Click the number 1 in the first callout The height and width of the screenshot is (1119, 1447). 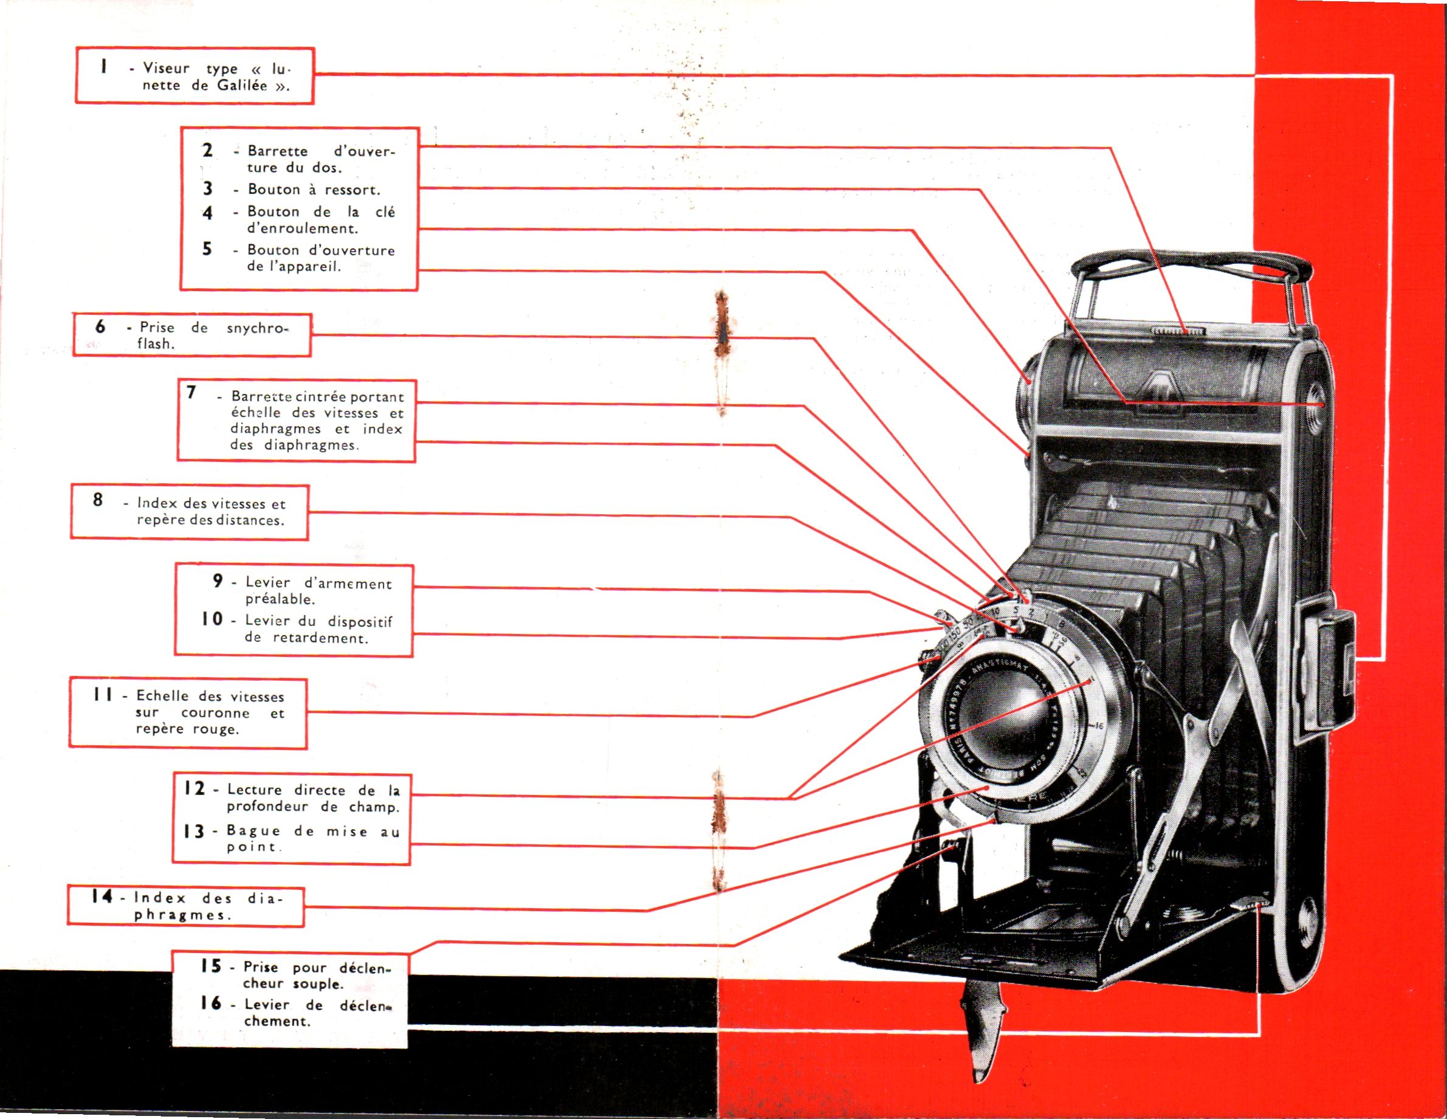coord(103,66)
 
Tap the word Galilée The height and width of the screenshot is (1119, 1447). coord(242,86)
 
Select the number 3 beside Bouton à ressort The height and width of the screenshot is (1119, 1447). coord(207,189)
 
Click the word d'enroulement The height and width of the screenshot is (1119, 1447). coord(302,229)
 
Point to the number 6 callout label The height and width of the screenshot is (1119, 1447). coord(100,326)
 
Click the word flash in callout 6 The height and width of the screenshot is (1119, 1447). coord(155,344)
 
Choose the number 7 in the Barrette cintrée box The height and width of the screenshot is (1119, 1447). coord(191,393)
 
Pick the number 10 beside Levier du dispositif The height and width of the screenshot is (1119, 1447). coord(213,619)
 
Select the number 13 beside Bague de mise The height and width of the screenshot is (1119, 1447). coord(194,831)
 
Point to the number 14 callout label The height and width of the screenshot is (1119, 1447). coord(102,897)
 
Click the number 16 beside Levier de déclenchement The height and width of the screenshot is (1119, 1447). coord(211,1004)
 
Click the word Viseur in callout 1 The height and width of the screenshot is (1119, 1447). coord(167,68)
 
